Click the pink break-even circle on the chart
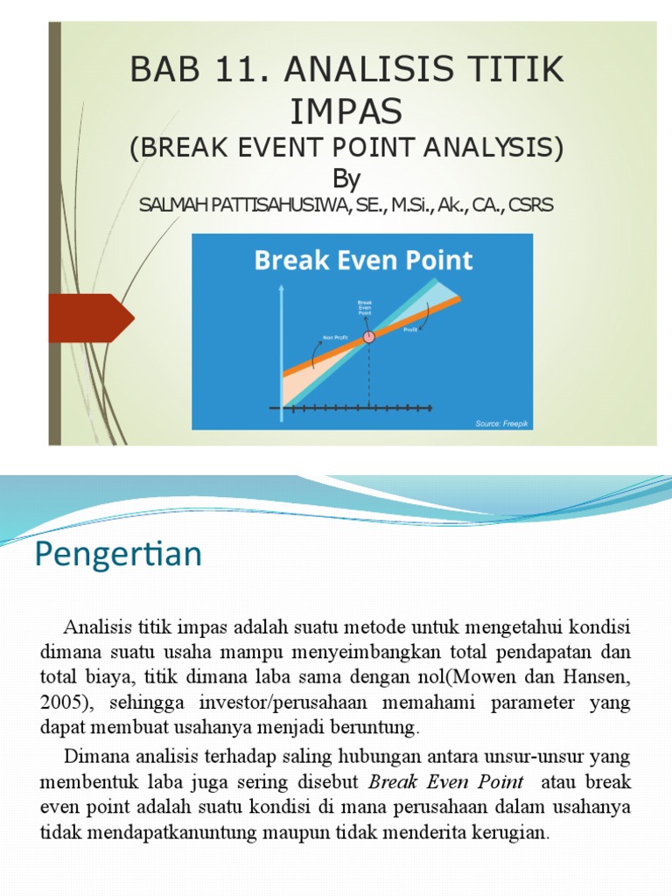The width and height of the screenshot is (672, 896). pyautogui.click(x=368, y=336)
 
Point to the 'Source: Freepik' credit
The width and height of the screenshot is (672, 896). pyautogui.click(x=501, y=423)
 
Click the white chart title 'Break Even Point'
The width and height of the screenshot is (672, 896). pyautogui.click(x=363, y=260)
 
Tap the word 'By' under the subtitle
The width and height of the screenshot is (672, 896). pyautogui.click(x=346, y=178)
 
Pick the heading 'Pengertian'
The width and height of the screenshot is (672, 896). pyautogui.click(x=118, y=554)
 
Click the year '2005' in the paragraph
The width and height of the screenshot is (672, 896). pyautogui.click(x=59, y=703)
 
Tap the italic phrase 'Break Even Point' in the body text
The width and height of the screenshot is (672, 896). pyautogui.click(x=445, y=781)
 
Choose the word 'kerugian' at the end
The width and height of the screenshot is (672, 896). pyautogui.click(x=512, y=831)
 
